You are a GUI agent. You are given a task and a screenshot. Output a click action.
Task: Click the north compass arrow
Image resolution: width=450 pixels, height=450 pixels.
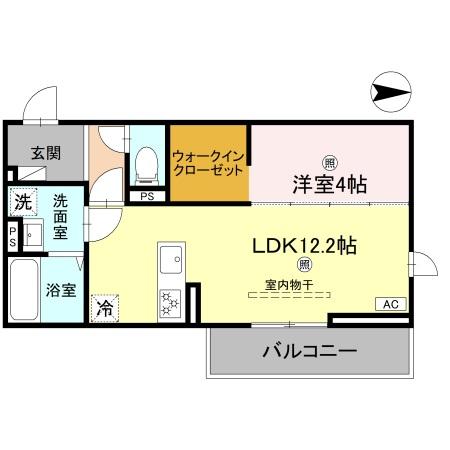(390, 93)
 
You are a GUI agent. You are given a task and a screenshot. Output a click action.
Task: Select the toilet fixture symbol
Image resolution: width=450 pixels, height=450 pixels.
(147, 162)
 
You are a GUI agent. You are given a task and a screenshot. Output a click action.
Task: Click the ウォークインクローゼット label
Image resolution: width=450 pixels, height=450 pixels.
(207, 162)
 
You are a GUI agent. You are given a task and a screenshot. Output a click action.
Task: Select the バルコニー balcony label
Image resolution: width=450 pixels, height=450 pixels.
(309, 351)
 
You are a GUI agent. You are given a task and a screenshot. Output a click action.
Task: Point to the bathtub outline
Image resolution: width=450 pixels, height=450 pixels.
(23, 289)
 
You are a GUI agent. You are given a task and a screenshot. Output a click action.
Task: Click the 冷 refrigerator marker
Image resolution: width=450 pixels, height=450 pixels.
(103, 309)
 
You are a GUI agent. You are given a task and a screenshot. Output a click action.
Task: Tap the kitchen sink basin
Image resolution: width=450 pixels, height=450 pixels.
(169, 258)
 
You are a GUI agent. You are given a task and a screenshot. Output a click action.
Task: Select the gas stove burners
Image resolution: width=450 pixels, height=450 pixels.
(169, 299)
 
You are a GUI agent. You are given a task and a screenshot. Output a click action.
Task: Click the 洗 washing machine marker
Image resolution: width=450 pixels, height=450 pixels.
(22, 201)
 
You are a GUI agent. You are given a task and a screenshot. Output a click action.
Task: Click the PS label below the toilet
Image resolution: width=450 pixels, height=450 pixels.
(147, 196)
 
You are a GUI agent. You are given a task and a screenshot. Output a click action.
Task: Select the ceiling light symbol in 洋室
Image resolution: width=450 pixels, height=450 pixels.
(329, 162)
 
